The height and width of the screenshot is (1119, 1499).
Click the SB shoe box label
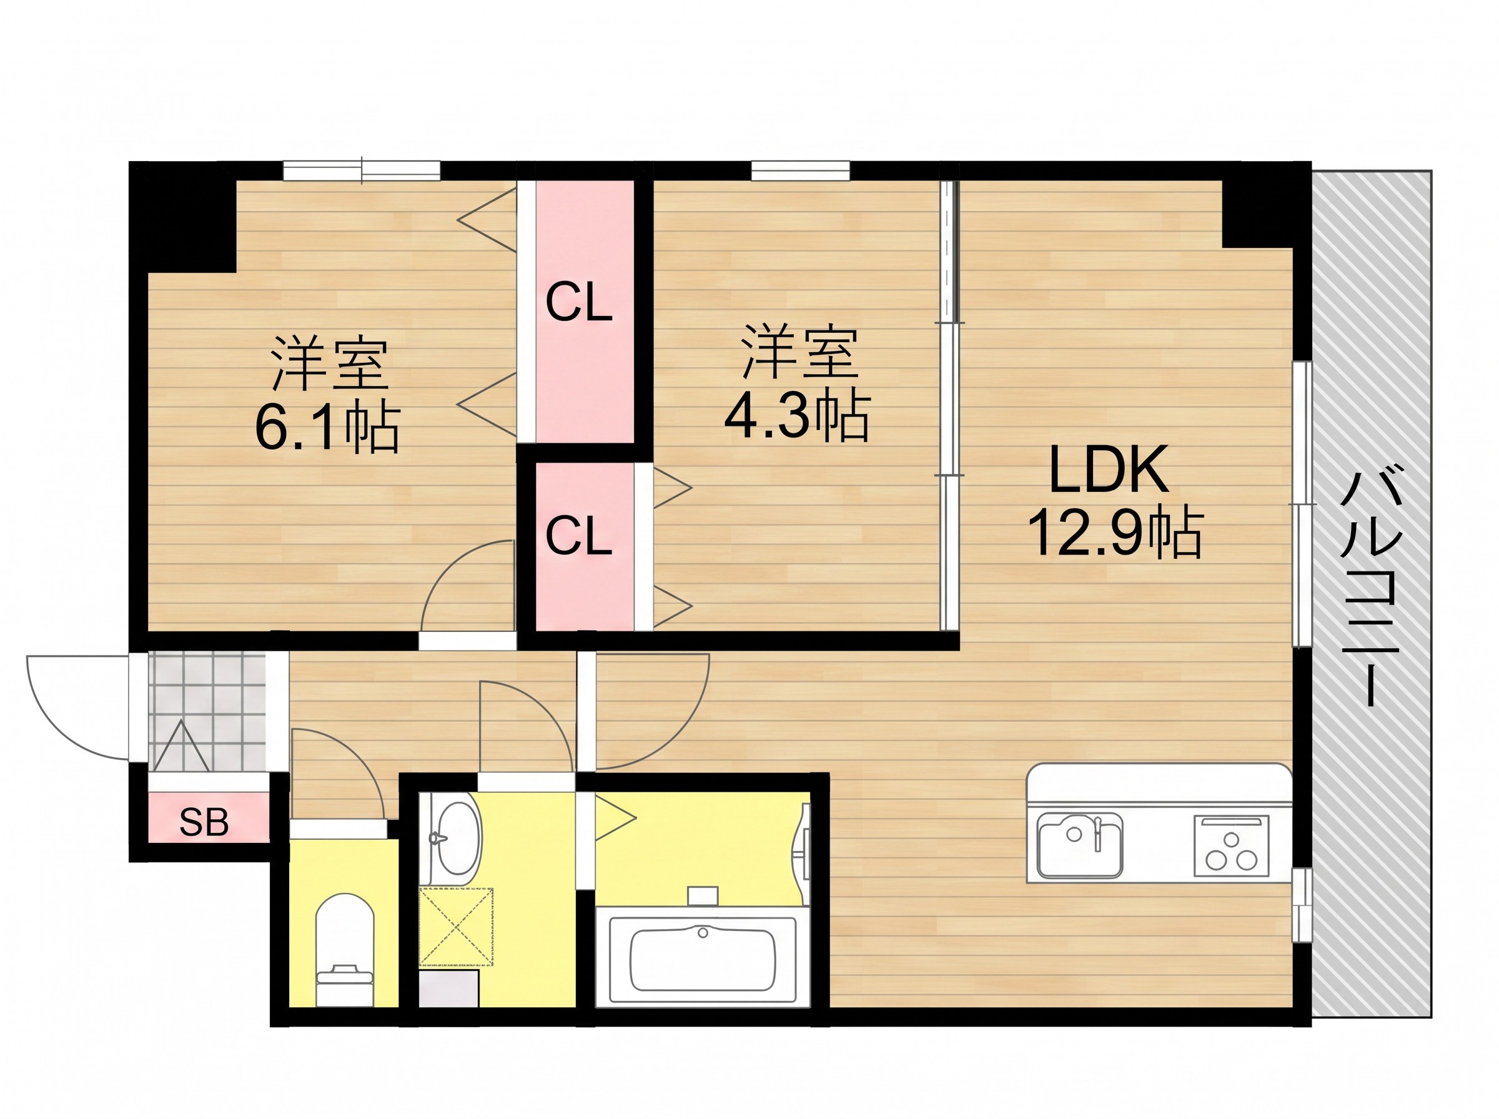tap(203, 822)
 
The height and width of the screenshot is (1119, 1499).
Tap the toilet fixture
tap(345, 950)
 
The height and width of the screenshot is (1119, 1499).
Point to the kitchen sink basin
tap(1081, 845)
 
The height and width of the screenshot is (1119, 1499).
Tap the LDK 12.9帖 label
tap(1114, 502)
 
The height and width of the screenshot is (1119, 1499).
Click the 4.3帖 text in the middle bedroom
tap(796, 415)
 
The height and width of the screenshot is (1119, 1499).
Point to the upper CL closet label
tap(578, 303)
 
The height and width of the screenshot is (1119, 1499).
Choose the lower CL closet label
tap(578, 536)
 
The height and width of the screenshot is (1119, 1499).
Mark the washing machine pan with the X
tap(456, 925)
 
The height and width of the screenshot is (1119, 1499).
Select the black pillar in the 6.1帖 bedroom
tap(183, 217)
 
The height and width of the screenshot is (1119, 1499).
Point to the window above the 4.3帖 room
tap(800, 170)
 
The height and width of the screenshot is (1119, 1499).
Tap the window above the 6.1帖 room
tap(362, 170)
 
